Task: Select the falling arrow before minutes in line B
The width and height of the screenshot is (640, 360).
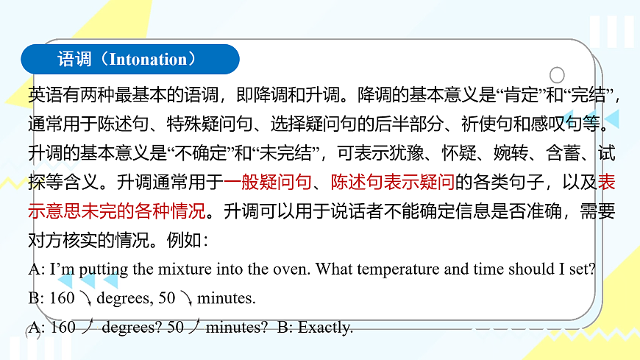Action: point(186,298)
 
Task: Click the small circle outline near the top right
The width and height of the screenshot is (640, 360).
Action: point(557,75)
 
